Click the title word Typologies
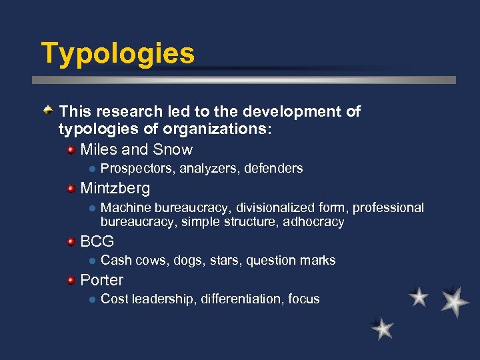pos(118,53)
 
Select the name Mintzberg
pos(115,188)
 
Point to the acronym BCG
pos(97,241)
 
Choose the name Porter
pos(102,280)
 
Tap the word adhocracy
pos(313,222)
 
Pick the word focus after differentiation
pos(304,299)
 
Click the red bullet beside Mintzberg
pos(71,189)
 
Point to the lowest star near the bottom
pos(383,328)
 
